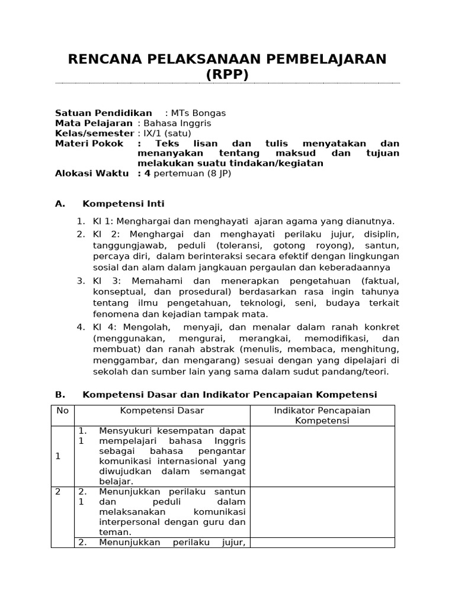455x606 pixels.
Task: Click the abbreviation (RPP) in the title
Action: [227, 75]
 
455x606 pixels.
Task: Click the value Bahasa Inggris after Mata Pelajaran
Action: [174, 123]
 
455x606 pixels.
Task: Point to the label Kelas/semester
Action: [94, 133]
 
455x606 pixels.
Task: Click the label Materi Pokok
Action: [89, 144]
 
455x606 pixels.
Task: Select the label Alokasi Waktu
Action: [91, 173]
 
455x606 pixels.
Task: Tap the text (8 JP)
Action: [217, 173]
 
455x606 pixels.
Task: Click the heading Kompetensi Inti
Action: [123, 204]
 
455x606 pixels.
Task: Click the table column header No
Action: [62, 410]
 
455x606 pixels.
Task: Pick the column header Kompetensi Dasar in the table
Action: [162, 410]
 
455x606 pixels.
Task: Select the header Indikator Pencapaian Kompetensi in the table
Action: [322, 415]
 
